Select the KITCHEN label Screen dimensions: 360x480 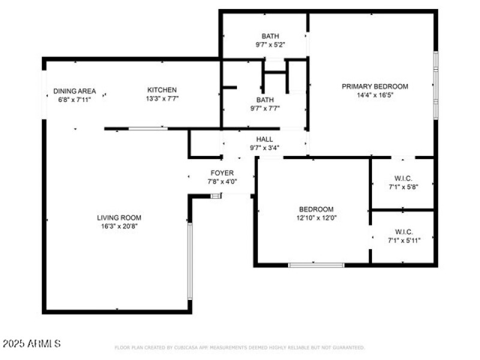(162, 90)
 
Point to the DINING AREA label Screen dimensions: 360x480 (74, 91)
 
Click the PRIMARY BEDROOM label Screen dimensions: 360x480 (374, 86)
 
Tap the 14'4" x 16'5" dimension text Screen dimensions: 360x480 (374, 95)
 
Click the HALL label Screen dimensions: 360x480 (265, 139)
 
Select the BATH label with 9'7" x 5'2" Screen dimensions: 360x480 (270, 36)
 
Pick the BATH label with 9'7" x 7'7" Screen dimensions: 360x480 (265, 100)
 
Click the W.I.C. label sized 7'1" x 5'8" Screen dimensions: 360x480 (403, 178)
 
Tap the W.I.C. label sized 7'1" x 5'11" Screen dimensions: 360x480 (403, 232)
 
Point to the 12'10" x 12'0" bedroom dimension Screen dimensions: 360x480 (316, 218)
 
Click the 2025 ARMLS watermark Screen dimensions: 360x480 (31, 344)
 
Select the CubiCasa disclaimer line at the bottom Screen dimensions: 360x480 (239, 347)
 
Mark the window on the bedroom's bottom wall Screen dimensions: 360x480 (316, 265)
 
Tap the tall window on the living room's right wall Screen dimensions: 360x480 (190, 261)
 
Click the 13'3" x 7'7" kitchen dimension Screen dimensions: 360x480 (162, 98)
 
